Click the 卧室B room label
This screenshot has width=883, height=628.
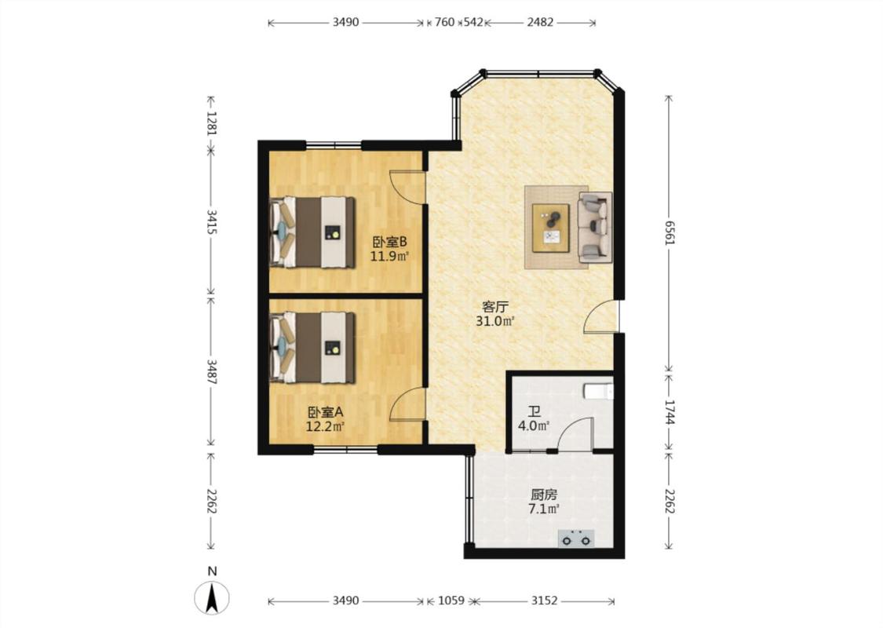point(389,243)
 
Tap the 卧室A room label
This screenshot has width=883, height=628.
point(325,412)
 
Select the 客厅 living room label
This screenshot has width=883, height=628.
point(495,307)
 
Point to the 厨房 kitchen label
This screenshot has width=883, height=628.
point(543,495)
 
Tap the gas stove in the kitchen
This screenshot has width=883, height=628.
point(575,539)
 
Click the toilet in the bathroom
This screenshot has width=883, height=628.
point(598,391)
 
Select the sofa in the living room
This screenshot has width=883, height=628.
point(595,226)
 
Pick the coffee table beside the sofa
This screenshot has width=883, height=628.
point(551,228)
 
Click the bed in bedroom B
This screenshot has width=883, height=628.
point(312,232)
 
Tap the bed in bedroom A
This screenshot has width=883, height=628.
point(312,348)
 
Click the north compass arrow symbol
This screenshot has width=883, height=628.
point(212,598)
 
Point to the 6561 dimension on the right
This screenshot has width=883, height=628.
point(669,232)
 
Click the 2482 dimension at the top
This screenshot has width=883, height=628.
point(540,23)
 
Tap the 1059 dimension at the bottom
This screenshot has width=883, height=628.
point(451,601)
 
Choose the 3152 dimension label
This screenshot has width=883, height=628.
point(544,601)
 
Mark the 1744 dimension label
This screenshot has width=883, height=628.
point(669,411)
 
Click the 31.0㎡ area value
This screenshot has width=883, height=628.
point(495,322)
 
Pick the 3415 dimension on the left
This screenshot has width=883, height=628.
point(211,222)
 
